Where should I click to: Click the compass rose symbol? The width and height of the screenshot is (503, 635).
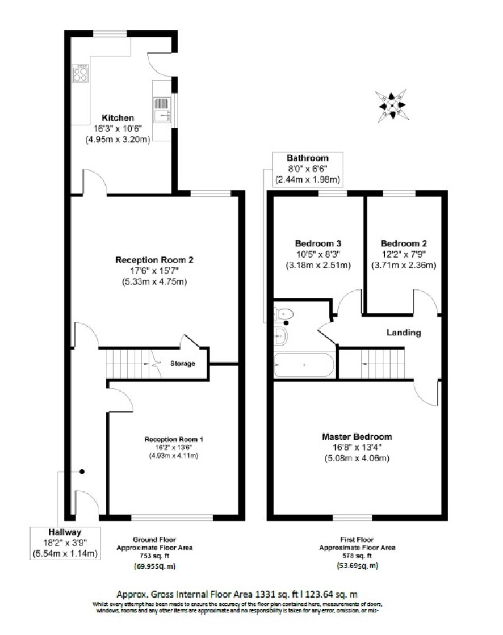coord(391,106)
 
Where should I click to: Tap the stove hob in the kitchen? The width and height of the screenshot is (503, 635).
coord(80,74)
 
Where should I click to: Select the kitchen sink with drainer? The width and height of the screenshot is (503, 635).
coord(162,110)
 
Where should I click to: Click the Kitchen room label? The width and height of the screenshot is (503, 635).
coord(118,118)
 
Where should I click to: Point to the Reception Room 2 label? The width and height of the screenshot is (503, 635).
coord(154,260)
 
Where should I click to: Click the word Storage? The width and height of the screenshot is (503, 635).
coord(183,364)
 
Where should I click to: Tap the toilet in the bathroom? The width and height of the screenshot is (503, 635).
coord(283,314)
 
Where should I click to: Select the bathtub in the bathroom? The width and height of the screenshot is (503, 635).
coord(304,365)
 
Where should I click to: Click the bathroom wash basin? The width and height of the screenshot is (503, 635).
coord(280,336)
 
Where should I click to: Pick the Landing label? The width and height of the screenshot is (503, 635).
coord(404,333)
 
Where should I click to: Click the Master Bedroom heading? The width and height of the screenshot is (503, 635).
coord(357,436)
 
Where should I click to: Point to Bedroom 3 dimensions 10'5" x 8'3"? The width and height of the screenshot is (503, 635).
coord(318,254)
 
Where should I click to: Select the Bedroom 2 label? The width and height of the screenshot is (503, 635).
coord(404,243)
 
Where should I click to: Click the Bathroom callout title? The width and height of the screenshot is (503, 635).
coord(307,158)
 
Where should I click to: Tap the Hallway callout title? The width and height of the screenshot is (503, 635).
coord(65,532)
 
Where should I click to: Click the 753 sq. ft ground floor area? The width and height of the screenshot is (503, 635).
coord(154,556)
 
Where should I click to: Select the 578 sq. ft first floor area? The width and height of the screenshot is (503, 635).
coord(357,556)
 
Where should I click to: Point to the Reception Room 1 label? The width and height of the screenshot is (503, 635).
coord(174,439)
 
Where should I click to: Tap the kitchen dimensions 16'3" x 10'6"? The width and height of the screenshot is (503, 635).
coord(118,129)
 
